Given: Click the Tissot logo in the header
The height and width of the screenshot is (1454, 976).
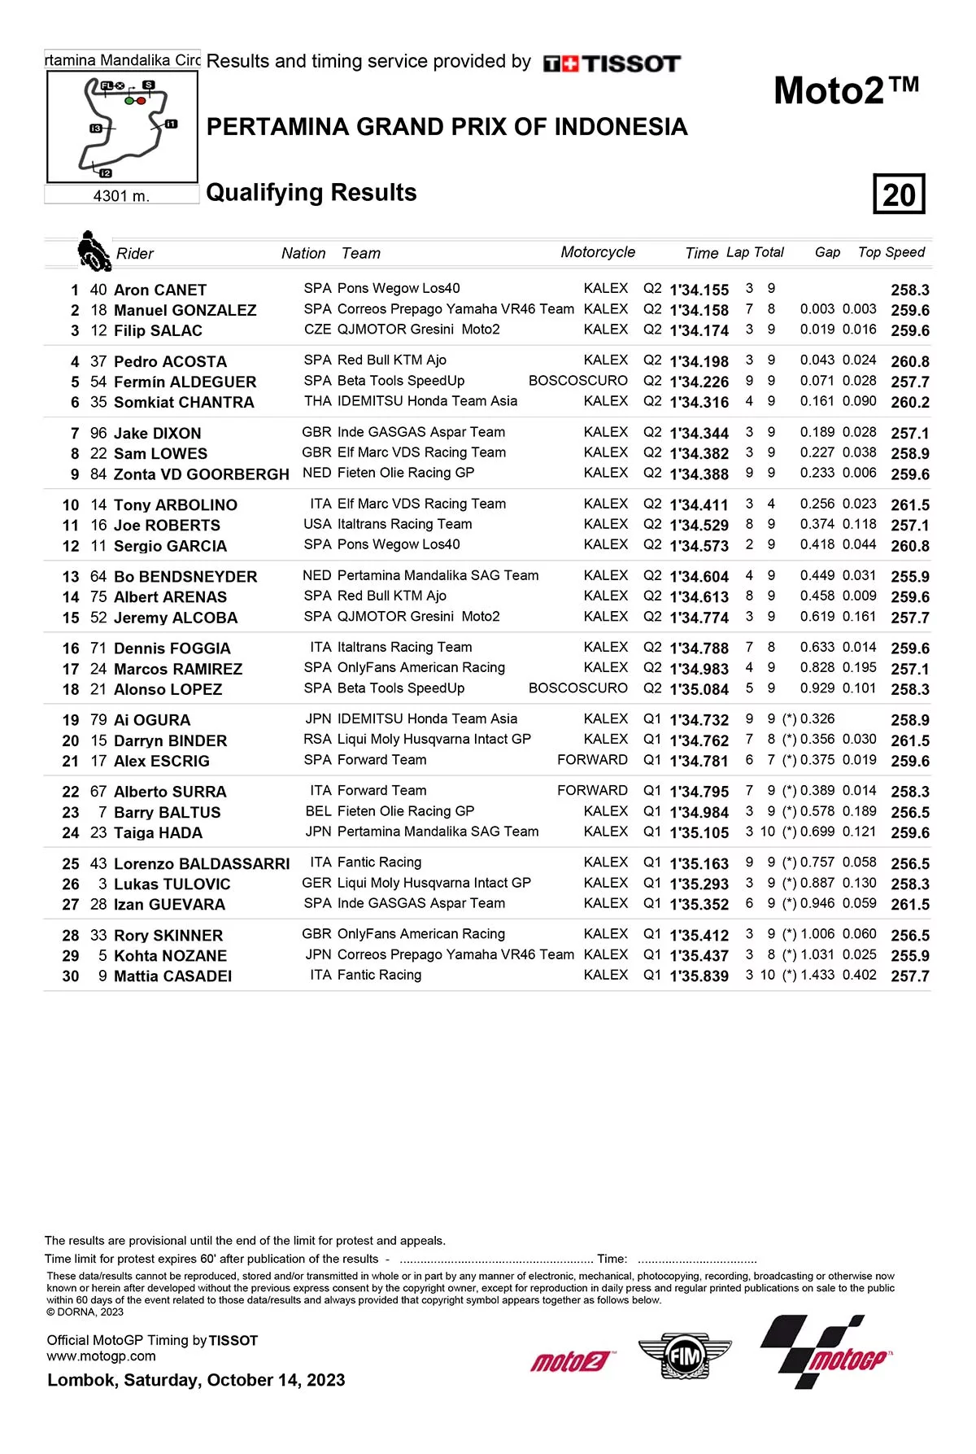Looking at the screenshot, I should pos(612,63).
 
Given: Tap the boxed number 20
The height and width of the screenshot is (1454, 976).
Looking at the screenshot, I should pos(899,194).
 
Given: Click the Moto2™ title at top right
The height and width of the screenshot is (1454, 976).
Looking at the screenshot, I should pos(846,90).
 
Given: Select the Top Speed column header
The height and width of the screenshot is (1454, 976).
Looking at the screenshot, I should pos(891,252).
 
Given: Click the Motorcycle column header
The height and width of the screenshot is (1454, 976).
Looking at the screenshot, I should pos(598,252).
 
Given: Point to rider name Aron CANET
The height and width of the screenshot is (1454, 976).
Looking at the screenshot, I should pos(160,290).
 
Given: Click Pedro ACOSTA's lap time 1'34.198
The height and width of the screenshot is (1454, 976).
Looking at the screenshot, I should pos(699,361).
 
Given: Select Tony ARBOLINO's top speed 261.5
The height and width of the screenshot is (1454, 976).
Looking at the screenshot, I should pos(909,505).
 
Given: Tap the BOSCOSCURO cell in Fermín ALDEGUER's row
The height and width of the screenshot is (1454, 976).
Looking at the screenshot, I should pos(577,381).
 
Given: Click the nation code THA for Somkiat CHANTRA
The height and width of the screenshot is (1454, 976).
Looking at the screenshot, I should pos(317,401).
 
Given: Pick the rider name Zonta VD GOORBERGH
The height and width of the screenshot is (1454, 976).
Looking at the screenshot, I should pos(201,474).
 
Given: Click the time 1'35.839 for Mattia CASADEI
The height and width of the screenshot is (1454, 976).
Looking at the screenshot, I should pos(699,976).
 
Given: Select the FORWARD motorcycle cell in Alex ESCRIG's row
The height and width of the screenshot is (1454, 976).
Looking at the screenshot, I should pos(592,760).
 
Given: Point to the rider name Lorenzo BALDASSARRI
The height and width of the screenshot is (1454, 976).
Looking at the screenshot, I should pos(201,863).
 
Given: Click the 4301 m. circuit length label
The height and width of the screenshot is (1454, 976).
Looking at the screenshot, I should pos(121,195).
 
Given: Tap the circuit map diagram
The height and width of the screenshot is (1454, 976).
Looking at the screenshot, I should pos(122,126).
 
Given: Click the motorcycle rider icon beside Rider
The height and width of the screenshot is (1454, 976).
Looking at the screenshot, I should pos(94,251).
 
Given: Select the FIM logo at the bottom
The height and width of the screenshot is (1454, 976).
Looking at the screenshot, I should pos(684,1355).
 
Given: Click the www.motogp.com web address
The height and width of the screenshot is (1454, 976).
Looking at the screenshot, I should pos(101,1356).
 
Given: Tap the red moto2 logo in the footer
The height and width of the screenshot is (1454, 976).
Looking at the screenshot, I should pos(571,1360).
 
